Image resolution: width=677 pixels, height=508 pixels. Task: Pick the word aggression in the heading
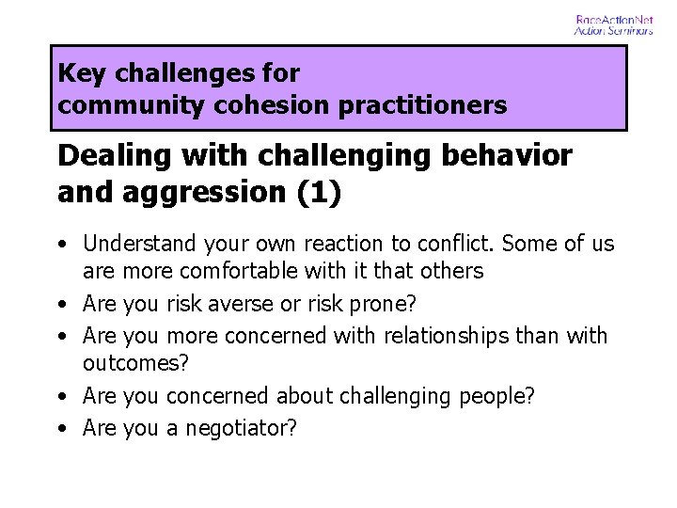[x=206, y=192]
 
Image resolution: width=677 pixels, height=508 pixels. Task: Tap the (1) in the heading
[x=319, y=192]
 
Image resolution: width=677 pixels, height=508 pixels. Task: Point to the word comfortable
[x=240, y=272]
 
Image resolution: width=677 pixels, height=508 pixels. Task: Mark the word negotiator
[x=241, y=428]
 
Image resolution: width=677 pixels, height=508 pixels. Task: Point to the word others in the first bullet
[x=454, y=272]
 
